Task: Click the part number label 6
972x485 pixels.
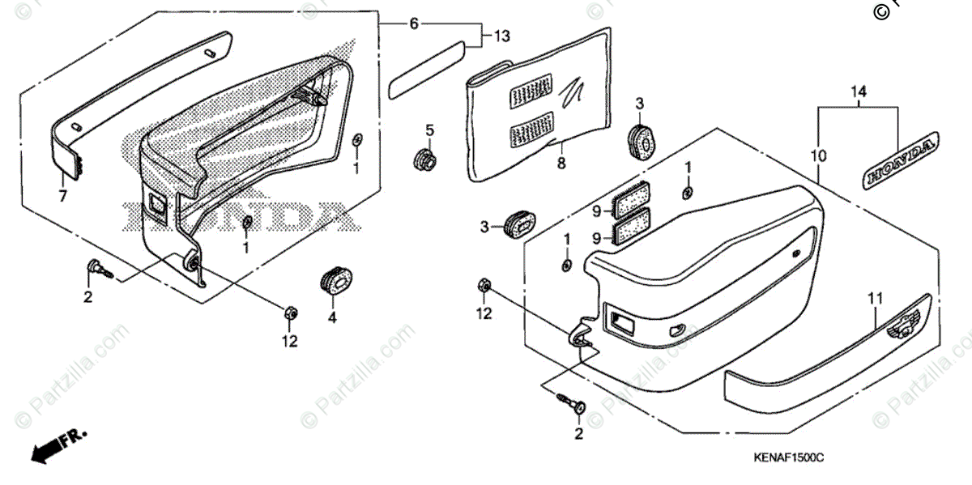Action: (x=414, y=24)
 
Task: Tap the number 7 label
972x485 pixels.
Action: (x=62, y=196)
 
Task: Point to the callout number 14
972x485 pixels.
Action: (x=859, y=92)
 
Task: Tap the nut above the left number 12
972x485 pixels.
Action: (x=291, y=312)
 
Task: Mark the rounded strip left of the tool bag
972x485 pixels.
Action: (x=427, y=72)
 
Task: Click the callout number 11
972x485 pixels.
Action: (x=874, y=300)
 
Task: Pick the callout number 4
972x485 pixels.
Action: (x=331, y=318)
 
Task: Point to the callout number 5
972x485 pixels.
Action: (x=429, y=130)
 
